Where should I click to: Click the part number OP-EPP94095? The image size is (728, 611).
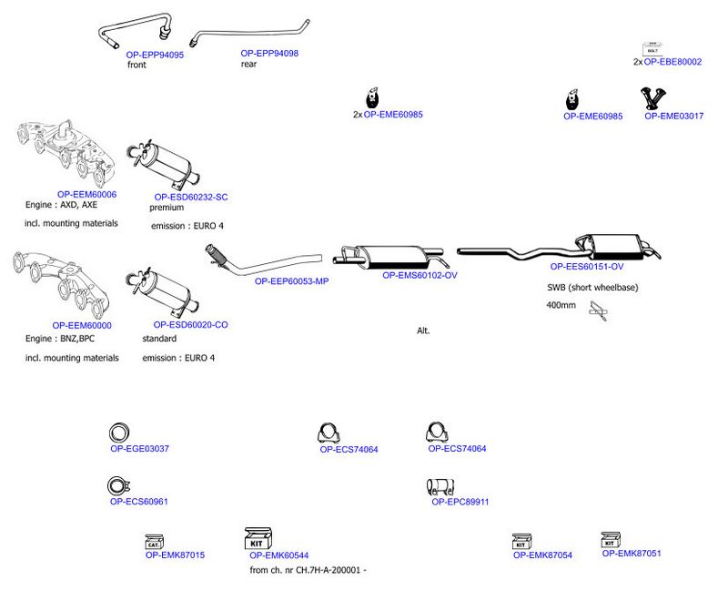click(155, 55)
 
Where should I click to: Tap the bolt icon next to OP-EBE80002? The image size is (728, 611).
click(652, 49)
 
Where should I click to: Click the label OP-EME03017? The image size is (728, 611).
click(673, 117)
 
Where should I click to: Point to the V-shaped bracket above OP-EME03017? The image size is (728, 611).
click(653, 98)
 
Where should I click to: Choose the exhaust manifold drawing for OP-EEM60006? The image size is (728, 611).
click(66, 152)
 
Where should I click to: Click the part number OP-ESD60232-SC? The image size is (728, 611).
click(191, 197)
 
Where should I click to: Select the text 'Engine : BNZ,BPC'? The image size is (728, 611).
click(60, 338)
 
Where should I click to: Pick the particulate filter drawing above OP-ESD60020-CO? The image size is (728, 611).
click(163, 291)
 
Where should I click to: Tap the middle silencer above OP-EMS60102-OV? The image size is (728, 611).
click(389, 257)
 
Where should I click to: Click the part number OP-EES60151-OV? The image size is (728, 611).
click(586, 267)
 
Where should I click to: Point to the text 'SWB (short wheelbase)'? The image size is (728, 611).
click(592, 288)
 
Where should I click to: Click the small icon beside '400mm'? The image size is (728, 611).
click(598, 311)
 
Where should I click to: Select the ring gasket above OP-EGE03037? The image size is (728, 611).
click(119, 433)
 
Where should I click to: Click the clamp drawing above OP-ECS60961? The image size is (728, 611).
click(118, 486)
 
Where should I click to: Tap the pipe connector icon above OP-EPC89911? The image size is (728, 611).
click(440, 487)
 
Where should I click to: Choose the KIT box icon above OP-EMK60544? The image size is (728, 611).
click(258, 538)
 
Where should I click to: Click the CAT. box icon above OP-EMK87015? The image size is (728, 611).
click(154, 542)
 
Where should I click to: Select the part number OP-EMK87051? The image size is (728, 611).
click(632, 554)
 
